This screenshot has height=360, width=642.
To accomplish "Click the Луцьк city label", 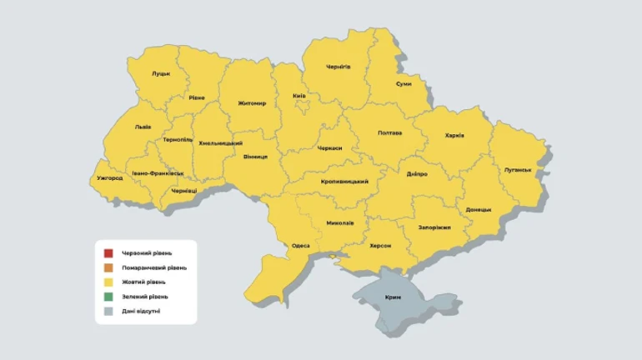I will (x=161, y=73).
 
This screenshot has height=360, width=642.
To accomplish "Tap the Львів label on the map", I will (x=143, y=127).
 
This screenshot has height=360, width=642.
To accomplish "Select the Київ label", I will (x=299, y=96).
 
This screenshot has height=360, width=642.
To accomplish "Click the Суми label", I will (x=404, y=84).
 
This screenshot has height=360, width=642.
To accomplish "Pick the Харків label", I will (x=454, y=135).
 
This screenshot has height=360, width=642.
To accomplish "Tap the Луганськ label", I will (x=518, y=169).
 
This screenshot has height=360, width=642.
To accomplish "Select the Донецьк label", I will (x=479, y=209).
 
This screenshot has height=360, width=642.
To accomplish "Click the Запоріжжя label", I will (x=434, y=227).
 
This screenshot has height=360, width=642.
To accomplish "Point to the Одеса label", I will (x=302, y=246).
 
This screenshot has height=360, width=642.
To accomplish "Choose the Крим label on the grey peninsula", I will (x=394, y=297).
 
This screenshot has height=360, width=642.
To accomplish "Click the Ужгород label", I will (x=110, y=178).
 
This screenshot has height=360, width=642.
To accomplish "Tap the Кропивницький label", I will (x=345, y=181).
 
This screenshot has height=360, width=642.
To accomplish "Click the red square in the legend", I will (x=108, y=253).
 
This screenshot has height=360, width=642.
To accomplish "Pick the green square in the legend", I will (x=108, y=297).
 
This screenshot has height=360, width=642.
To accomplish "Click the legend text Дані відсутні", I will (x=141, y=311).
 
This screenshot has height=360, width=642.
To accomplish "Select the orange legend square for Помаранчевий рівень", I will (x=108, y=267).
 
